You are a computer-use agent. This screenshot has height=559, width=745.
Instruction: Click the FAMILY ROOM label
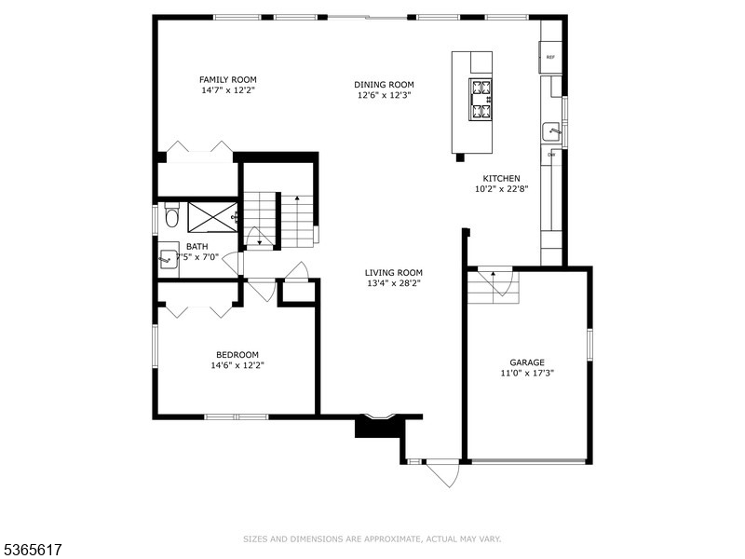tap(228, 79)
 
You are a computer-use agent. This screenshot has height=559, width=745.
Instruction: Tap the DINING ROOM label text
tap(384, 83)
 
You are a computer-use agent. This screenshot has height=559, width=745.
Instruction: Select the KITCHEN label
tap(501, 178)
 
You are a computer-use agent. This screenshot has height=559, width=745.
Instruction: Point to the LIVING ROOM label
tap(393, 273)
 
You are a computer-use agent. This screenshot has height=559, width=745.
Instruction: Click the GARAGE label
tap(526, 362)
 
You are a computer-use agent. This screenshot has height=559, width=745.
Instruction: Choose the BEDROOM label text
tap(237, 354)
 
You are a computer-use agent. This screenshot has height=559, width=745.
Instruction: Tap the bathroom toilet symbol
tap(170, 219)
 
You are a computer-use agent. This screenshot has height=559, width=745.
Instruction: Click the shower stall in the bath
tap(212, 218)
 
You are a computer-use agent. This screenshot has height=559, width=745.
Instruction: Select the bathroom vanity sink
tap(169, 258)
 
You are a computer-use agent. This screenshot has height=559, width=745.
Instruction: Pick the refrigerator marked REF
tap(550, 58)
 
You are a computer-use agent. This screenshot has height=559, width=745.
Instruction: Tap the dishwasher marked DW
tap(551, 154)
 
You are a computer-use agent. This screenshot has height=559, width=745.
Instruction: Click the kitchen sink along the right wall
tap(551, 131)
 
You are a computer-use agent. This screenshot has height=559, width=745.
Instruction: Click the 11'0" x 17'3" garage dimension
tap(526, 374)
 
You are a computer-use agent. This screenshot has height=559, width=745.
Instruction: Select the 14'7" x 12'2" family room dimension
tap(228, 90)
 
